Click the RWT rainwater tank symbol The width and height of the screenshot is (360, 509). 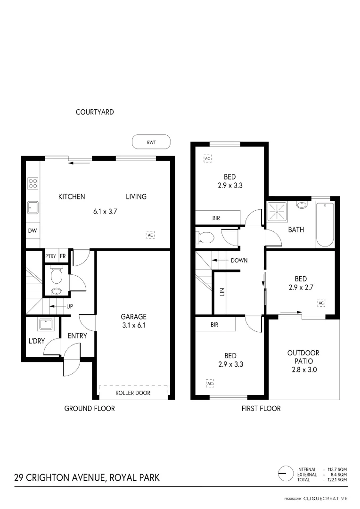[151, 141]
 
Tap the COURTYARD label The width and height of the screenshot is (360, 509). [95, 112]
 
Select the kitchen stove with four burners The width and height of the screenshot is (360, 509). [33, 183]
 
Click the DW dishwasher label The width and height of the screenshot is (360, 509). [32, 231]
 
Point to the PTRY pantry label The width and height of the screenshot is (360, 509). [50, 256]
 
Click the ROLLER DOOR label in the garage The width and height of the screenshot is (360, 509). [133, 393]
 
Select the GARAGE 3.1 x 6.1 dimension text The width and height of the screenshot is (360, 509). [133, 325]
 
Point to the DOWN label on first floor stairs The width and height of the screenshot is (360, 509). [239, 260]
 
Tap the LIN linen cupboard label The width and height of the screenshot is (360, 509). [222, 292]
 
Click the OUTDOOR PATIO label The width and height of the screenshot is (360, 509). [303, 361]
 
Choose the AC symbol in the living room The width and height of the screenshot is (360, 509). [151, 235]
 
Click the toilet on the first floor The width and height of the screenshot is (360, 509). [206, 238]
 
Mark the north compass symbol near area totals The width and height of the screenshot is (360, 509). [285, 473]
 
